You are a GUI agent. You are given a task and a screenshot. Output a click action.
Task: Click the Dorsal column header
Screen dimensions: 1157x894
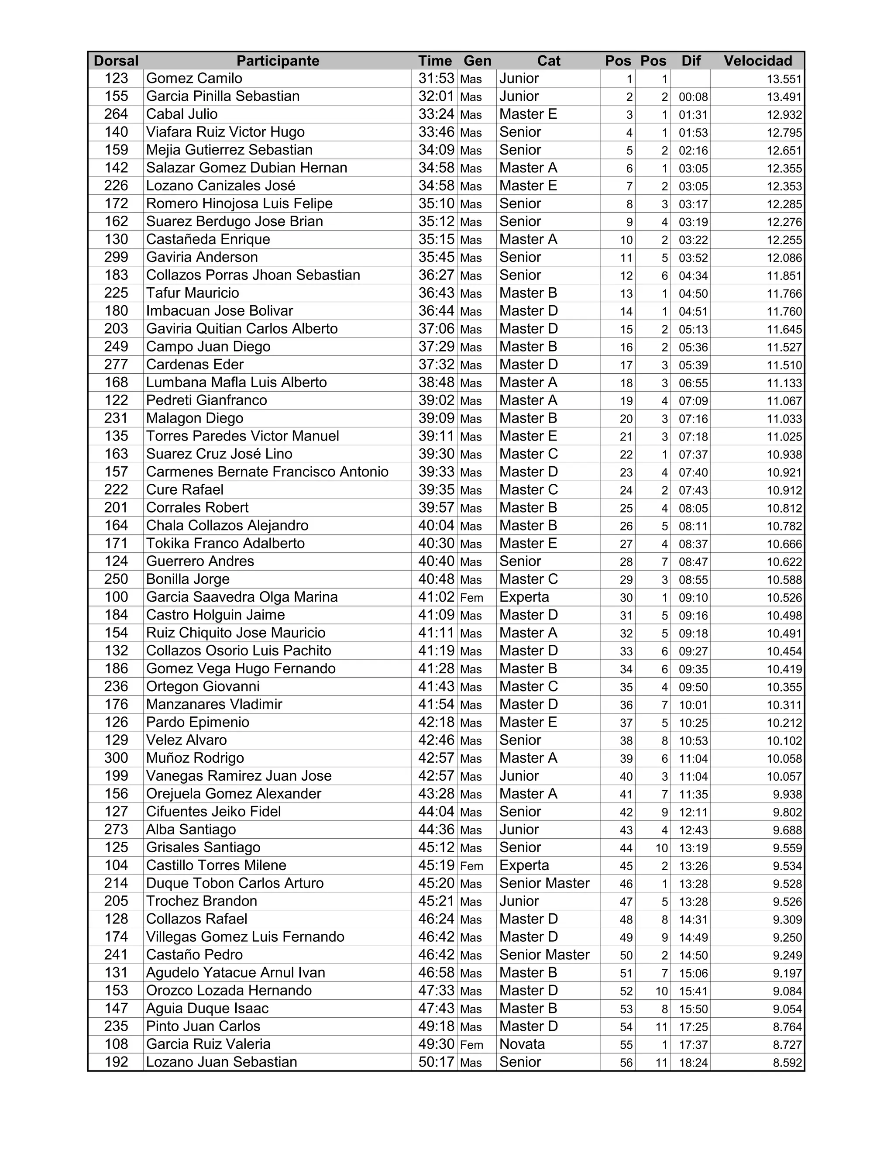(116, 61)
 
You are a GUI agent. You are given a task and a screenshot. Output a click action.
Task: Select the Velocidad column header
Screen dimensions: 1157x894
(758, 61)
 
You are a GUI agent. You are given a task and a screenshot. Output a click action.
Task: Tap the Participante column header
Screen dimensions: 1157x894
(278, 61)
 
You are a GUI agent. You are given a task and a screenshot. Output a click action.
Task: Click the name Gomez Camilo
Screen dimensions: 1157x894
(194, 79)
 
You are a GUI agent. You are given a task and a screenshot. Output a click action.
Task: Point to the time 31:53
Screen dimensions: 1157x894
(436, 79)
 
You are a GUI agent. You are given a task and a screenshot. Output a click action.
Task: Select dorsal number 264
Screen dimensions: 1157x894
(116, 114)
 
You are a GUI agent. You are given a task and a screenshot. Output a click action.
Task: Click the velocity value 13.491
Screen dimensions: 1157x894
(784, 97)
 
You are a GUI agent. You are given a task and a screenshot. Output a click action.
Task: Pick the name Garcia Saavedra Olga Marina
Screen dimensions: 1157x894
(242, 597)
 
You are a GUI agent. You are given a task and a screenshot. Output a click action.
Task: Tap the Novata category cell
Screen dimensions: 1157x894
(522, 1044)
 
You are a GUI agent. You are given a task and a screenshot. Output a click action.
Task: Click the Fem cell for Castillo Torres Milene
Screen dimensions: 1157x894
(471, 866)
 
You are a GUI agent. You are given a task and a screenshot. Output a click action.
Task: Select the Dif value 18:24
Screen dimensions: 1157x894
(693, 1062)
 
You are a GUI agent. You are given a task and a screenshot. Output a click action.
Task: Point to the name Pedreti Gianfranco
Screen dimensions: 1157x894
(206, 400)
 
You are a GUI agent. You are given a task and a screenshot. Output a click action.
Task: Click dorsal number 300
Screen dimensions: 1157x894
(116, 758)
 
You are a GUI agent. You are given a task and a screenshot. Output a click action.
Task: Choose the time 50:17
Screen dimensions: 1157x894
(436, 1062)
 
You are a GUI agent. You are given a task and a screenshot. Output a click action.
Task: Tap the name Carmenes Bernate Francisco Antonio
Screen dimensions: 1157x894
(268, 472)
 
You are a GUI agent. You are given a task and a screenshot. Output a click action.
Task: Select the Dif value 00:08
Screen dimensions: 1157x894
(693, 97)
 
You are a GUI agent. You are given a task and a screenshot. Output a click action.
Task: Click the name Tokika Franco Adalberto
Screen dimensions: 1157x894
(226, 544)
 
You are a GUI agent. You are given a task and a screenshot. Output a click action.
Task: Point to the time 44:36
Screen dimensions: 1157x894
(436, 830)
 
